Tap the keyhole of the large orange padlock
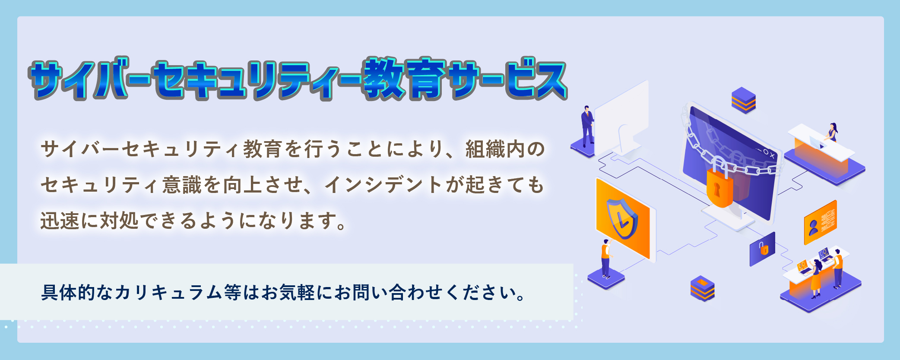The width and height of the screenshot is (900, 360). coord(717,189)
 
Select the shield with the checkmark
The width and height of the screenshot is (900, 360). coord(621,219)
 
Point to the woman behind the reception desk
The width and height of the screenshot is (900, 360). coord(832,132)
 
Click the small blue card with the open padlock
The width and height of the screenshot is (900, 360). coord(762,249)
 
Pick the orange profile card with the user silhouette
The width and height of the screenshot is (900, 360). coord(820,222)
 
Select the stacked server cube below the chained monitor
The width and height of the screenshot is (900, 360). coord(702,288)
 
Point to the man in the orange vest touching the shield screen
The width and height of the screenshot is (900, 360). coord(606,258)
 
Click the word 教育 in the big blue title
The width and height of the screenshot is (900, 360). coord(406,79)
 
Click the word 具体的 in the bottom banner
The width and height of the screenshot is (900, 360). coord(68,293)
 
